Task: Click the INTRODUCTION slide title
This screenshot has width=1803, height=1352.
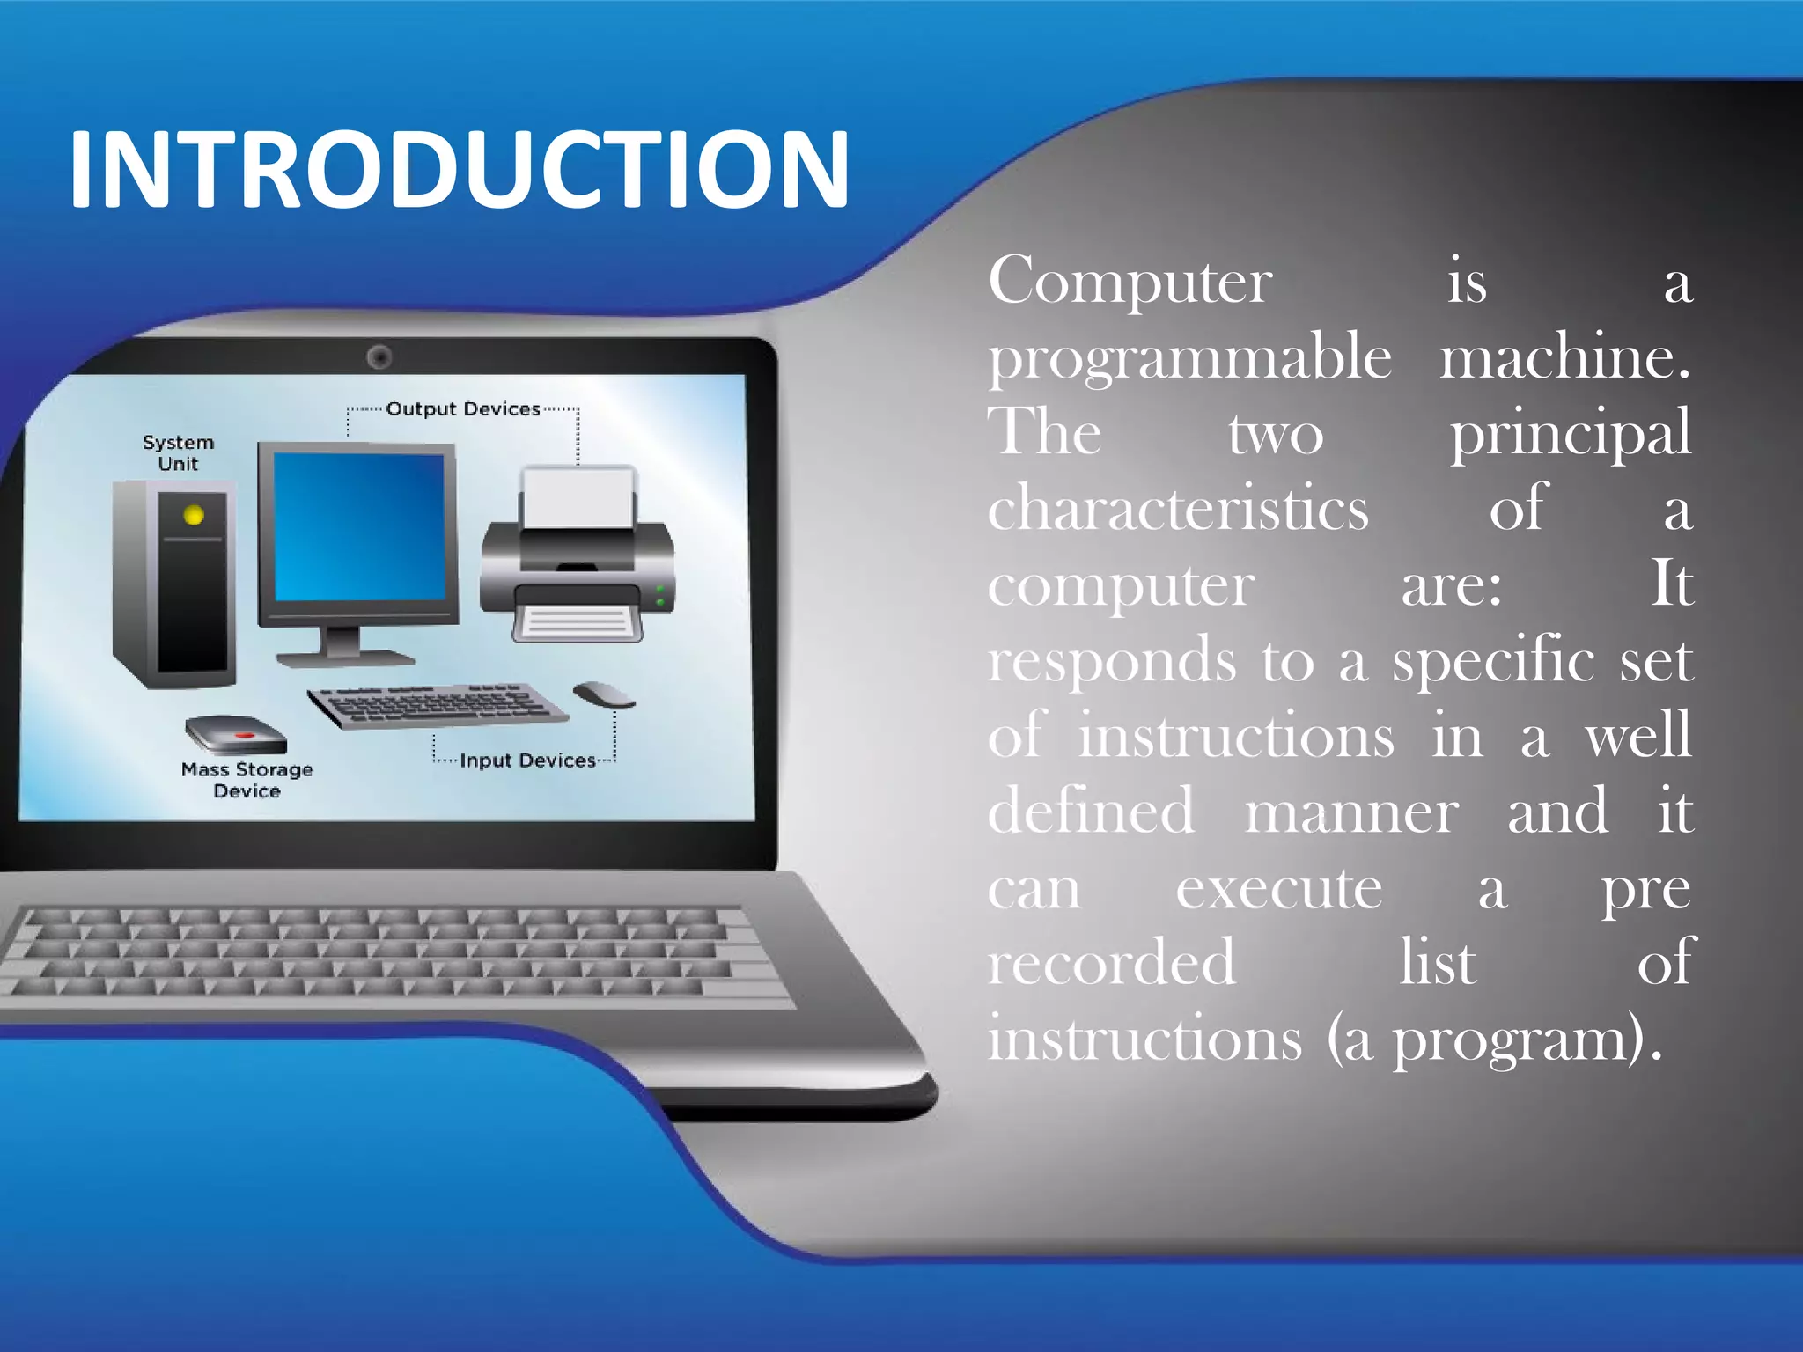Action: click(458, 169)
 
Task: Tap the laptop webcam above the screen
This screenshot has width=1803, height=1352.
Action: click(379, 357)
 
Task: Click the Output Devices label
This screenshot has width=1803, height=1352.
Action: click(463, 409)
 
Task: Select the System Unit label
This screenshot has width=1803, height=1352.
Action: click(179, 452)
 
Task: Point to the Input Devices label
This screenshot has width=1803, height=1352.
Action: click(527, 760)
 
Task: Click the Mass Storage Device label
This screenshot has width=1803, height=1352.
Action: click(247, 780)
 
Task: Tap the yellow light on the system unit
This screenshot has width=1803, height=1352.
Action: click(194, 515)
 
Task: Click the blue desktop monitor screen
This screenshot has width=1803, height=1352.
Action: click(359, 526)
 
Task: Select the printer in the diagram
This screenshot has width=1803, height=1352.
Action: click(578, 555)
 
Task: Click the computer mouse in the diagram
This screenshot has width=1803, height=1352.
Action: click(603, 694)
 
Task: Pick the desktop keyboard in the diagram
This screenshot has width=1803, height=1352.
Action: click(438, 704)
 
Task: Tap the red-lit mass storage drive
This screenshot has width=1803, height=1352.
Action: click(236, 734)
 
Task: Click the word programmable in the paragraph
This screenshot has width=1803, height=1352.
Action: click(1189, 359)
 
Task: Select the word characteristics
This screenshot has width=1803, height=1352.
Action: click(1178, 509)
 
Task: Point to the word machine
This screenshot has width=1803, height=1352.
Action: click(1564, 357)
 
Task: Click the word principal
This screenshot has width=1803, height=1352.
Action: click(1571, 434)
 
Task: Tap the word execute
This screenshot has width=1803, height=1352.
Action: click(1279, 889)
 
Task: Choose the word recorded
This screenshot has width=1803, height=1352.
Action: click(1112, 963)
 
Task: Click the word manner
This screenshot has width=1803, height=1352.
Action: click(1351, 812)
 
